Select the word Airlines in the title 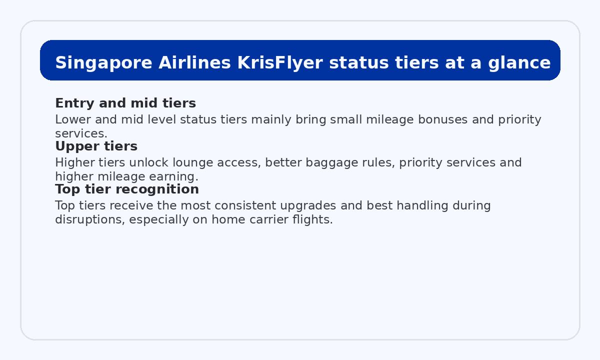194,63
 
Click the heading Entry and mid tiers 125,103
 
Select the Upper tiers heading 96,146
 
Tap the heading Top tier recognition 126,189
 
